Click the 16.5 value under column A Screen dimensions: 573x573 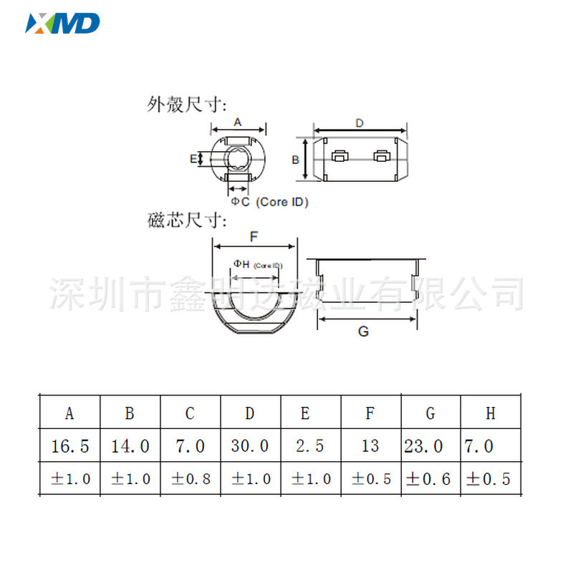click(x=69, y=446)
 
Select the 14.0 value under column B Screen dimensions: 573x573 click(x=130, y=446)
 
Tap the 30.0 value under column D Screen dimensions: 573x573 click(x=250, y=446)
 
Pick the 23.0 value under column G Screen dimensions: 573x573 click(x=430, y=446)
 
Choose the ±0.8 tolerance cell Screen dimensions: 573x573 click(x=190, y=479)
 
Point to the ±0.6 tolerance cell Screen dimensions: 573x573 click(x=430, y=479)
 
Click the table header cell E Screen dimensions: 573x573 click(x=305, y=413)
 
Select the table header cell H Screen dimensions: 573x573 click(x=491, y=413)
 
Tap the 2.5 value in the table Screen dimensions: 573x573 click(x=309, y=446)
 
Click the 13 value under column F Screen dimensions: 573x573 click(x=370, y=446)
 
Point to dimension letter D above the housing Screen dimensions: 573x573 click(x=359, y=123)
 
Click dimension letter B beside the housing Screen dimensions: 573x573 click(x=295, y=160)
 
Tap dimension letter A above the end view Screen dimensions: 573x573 click(x=238, y=122)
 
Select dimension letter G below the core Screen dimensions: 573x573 click(x=363, y=332)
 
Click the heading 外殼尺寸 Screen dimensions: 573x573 click(x=186, y=105)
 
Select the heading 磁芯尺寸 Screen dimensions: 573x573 click(x=186, y=220)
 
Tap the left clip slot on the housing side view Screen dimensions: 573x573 click(x=340, y=155)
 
